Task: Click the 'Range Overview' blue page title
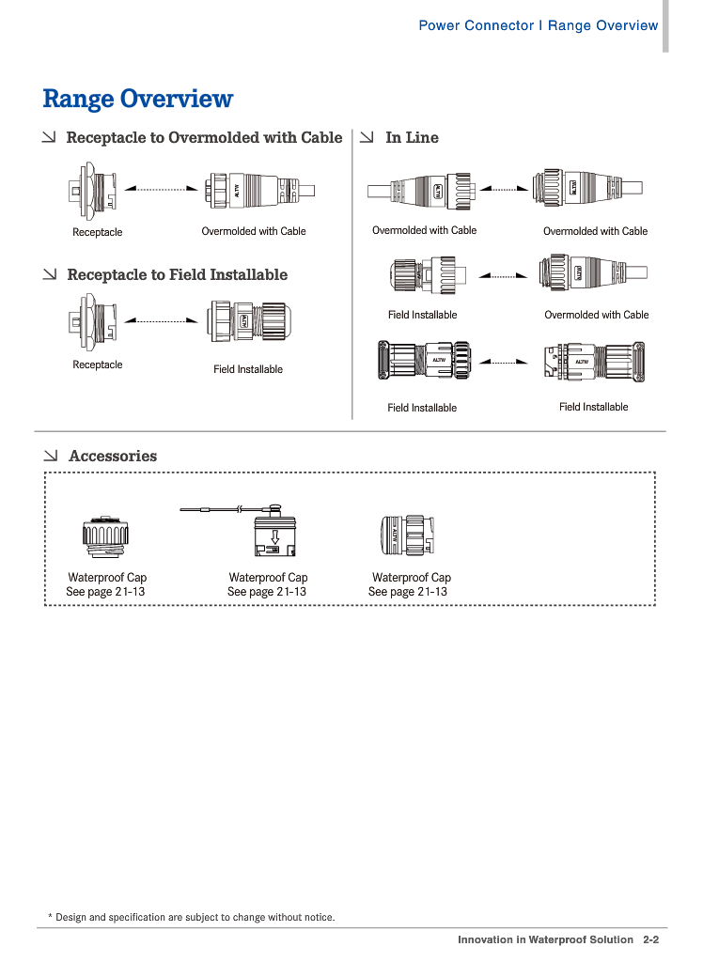pyautogui.click(x=138, y=99)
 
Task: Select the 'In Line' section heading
pyautogui.click(x=412, y=138)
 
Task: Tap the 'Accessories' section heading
pyautogui.click(x=113, y=457)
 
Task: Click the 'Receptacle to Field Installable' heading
pyautogui.click(x=177, y=275)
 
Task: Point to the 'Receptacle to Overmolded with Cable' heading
pyautogui.click(x=204, y=138)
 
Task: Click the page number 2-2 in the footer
pyautogui.click(x=651, y=939)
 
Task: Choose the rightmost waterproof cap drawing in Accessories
pyautogui.click(x=406, y=537)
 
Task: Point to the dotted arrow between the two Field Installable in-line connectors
pyautogui.click(x=505, y=362)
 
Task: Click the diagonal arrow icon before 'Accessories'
pyautogui.click(x=51, y=457)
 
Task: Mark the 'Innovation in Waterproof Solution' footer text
pyautogui.click(x=545, y=939)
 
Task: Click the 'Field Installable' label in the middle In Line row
pyautogui.click(x=422, y=315)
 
